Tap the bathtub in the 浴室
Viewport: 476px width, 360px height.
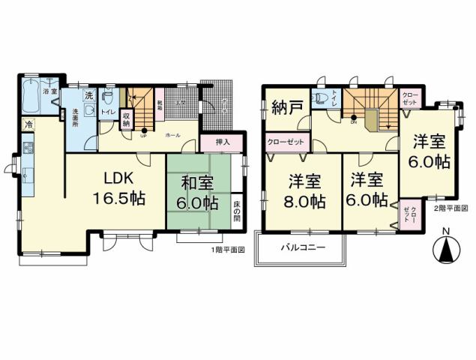coord(33,97)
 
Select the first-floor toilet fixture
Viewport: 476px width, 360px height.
coord(109,98)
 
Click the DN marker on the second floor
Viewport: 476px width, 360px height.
coord(354,121)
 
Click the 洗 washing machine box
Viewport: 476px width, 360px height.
coord(88,97)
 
